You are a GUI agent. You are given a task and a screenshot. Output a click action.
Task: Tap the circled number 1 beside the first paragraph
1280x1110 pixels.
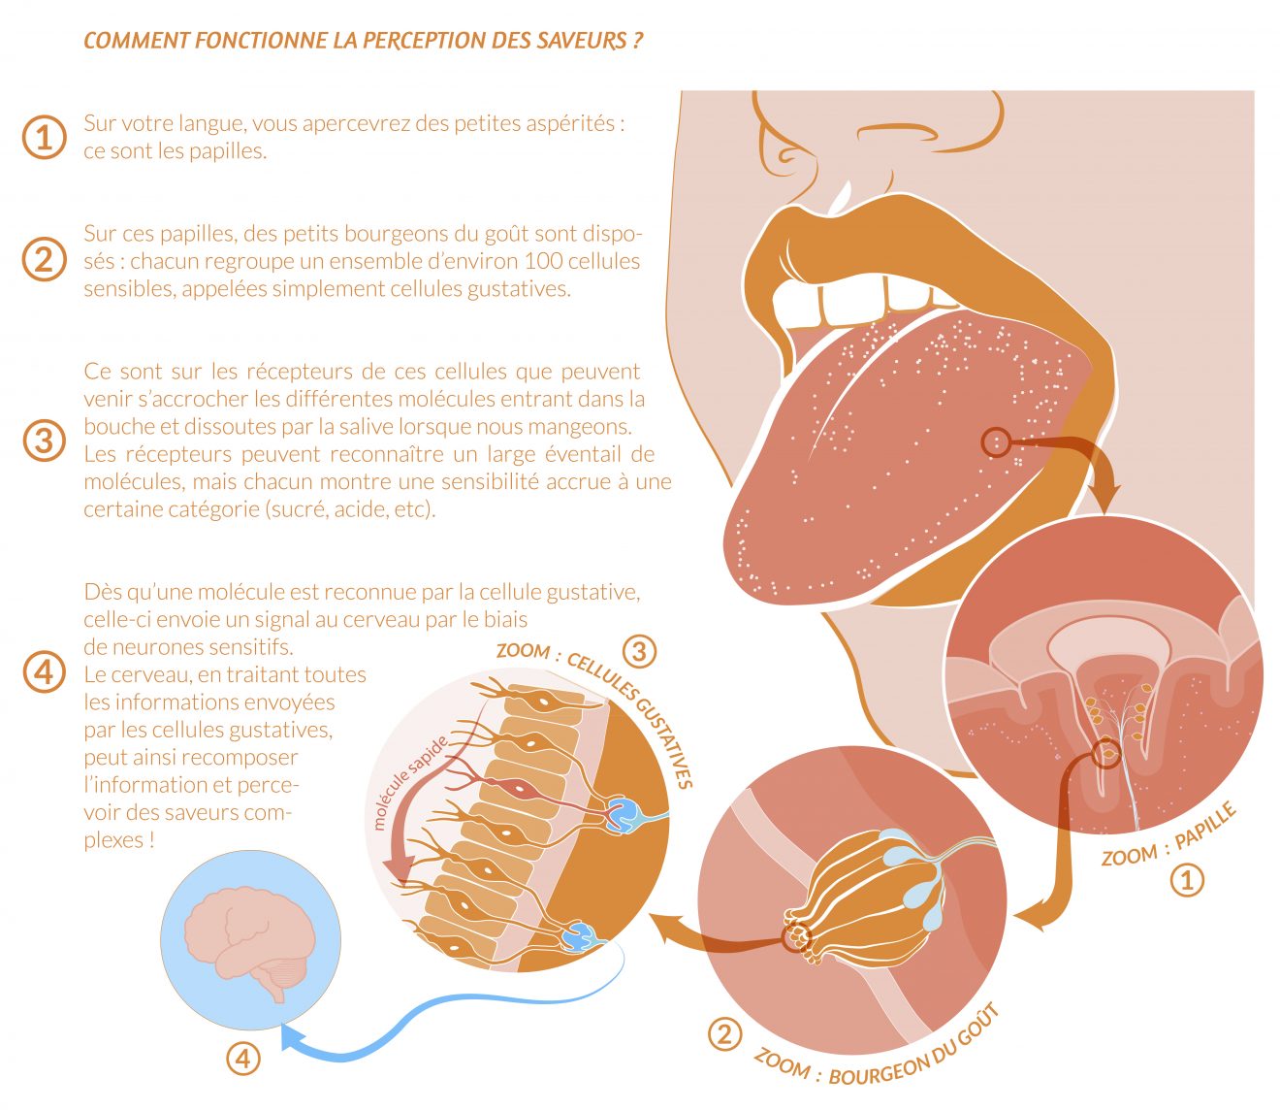pos(44,137)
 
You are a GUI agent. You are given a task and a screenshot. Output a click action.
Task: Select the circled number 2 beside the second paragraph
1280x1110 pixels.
pos(44,260)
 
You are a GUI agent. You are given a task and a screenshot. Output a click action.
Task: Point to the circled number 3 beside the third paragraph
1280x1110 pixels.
pos(44,441)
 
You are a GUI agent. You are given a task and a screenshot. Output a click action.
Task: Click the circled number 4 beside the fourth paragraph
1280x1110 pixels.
pos(44,673)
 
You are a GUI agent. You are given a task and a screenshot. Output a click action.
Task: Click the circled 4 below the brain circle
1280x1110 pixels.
pos(243,1059)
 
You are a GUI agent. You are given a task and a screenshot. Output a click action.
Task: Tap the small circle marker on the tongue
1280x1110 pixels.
pos(996,441)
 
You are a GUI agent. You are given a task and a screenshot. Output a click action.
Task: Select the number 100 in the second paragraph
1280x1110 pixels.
pos(543,261)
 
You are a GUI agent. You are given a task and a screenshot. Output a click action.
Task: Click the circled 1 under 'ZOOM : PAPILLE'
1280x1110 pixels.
pos(1187,881)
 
